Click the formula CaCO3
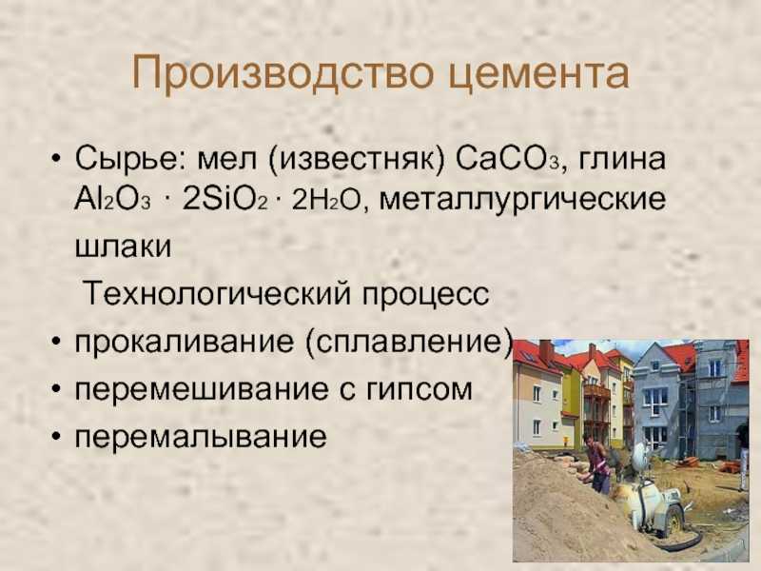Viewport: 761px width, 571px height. coord(509,159)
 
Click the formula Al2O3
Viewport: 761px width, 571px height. coord(112,199)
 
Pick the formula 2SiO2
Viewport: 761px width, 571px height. coord(224,199)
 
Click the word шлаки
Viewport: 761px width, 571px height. coord(124,246)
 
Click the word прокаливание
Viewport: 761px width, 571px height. coord(185,343)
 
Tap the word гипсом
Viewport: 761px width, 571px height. coord(419,390)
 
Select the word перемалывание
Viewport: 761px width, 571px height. coord(201,437)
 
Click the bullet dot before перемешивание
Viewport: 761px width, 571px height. coord(57,389)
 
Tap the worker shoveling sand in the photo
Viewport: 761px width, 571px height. coord(598,463)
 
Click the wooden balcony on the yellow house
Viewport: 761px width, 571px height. coord(597,391)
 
